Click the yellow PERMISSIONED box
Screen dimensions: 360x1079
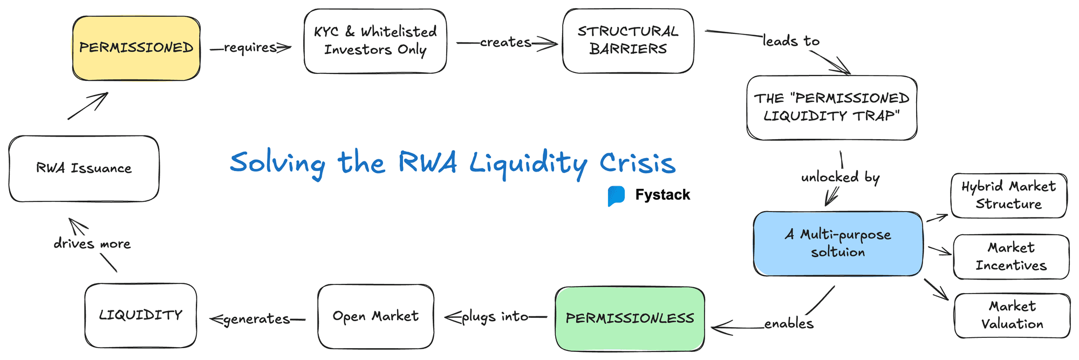[136, 48]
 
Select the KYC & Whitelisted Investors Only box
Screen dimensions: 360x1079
[375, 41]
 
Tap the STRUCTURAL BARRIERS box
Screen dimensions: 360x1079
[628, 40]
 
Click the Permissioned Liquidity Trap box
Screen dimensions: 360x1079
[831, 107]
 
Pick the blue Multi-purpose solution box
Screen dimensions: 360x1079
[838, 243]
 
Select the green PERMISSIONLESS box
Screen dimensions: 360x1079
[630, 318]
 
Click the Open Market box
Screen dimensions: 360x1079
[375, 316]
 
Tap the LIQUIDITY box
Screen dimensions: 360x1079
[140, 315]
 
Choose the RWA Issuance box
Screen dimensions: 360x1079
[84, 168]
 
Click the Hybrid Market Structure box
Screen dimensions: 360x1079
[1008, 195]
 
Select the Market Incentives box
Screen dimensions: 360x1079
[1011, 256]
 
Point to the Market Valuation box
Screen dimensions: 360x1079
[1012, 315]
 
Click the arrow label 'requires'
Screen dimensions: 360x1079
[250, 47]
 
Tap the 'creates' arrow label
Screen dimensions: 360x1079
[506, 42]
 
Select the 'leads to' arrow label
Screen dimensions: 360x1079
[791, 41]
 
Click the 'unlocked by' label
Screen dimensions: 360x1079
[840, 177]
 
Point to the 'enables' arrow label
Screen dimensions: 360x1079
[789, 323]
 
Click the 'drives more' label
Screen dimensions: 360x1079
[92, 244]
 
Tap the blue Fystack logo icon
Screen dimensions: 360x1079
[616, 196]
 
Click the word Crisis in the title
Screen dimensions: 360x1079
[637, 162]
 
